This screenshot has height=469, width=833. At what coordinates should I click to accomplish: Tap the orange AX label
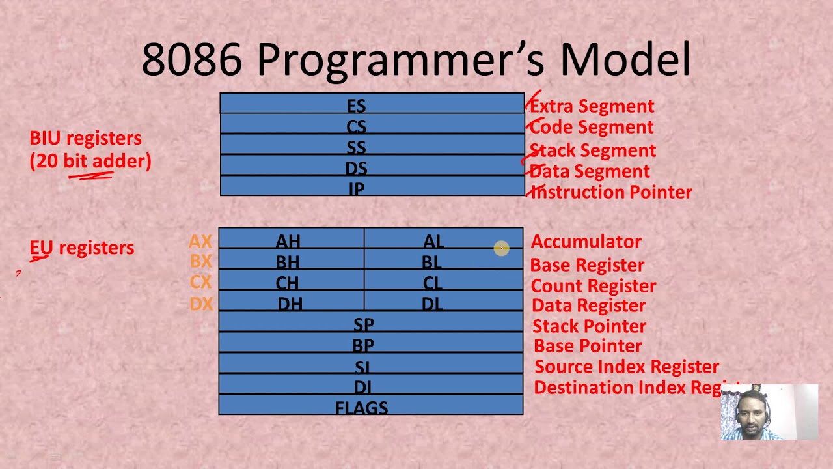tap(200, 242)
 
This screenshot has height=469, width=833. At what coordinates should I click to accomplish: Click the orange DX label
tap(201, 304)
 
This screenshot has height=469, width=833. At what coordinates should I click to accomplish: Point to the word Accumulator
tap(586, 242)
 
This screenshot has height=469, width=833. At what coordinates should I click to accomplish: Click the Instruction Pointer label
tap(612, 192)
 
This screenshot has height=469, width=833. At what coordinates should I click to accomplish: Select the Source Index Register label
tap(626, 367)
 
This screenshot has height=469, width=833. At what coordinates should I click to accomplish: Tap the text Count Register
tap(593, 286)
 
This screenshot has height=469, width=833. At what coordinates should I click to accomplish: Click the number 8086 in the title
tap(192, 59)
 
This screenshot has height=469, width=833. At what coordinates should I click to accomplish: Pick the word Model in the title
tap(625, 59)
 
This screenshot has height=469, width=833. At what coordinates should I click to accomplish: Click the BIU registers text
tap(85, 138)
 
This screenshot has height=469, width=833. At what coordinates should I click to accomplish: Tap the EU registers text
tap(82, 248)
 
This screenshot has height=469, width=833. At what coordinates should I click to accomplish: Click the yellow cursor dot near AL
tap(501, 248)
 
